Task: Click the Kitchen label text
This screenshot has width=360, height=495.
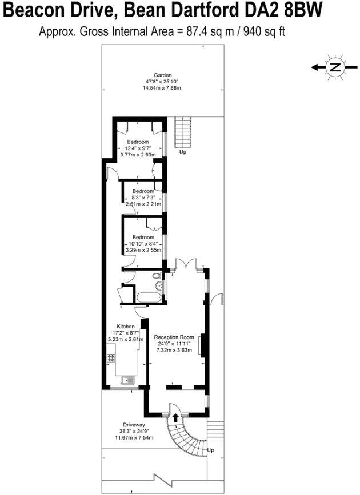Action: [x=126, y=326]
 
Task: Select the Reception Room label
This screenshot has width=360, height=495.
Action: [x=176, y=337]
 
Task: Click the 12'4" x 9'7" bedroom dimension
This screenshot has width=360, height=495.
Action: [x=138, y=148]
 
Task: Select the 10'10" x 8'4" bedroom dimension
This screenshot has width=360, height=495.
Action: [x=143, y=244]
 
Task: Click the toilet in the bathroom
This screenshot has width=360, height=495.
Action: [x=158, y=280]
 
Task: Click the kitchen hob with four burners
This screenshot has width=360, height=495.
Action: [x=111, y=359]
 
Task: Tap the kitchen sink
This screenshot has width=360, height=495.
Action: [x=126, y=379]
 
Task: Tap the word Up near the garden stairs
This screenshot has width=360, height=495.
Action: [x=183, y=152]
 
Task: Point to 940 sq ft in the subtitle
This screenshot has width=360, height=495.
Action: [x=265, y=32]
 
